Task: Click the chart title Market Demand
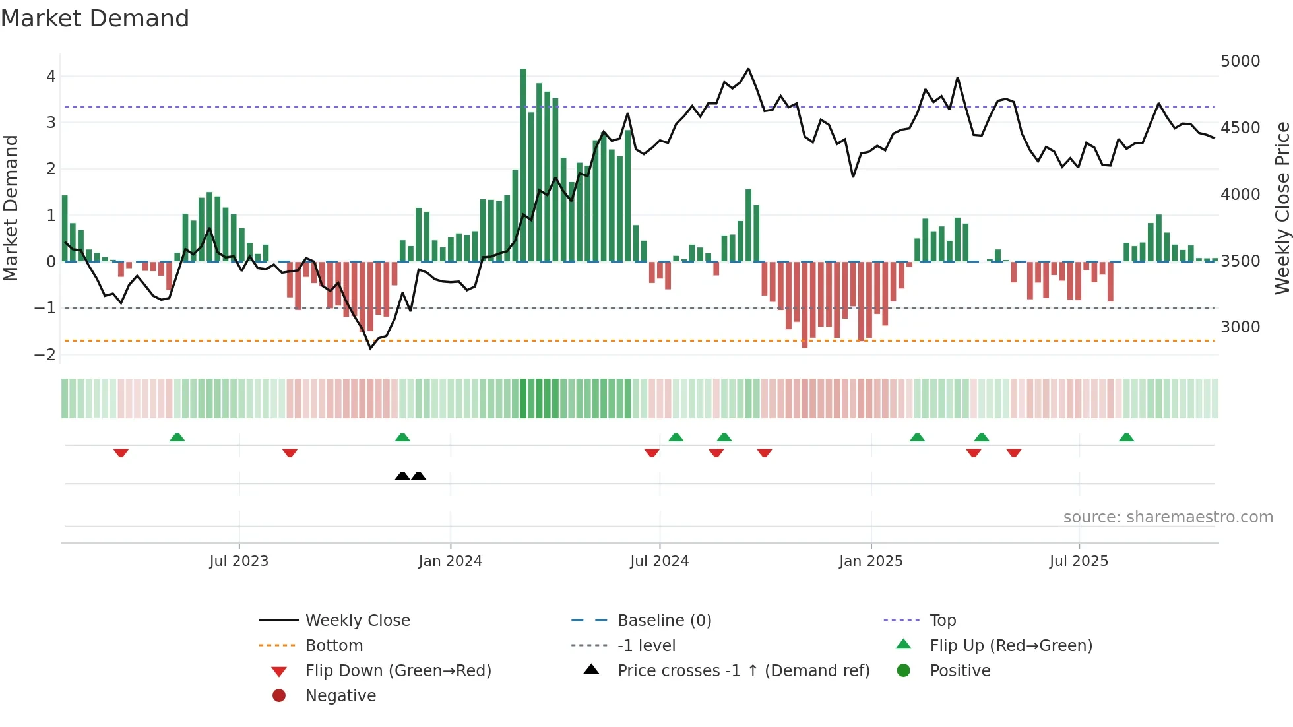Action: (95, 18)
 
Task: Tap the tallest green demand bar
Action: (523, 165)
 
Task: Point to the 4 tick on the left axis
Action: (51, 77)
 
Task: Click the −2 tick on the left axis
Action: (46, 355)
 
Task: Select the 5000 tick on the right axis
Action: (1240, 61)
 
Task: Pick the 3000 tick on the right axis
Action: (1240, 327)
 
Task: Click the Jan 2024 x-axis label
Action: (450, 561)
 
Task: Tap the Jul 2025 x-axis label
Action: (1079, 561)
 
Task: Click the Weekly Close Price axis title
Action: (1282, 208)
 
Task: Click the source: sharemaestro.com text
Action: (1168, 517)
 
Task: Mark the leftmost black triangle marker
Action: (402, 476)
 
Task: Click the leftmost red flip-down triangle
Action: (121, 453)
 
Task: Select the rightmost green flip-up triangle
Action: (1126, 437)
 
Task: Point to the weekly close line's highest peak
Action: (748, 69)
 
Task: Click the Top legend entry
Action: (942, 621)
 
